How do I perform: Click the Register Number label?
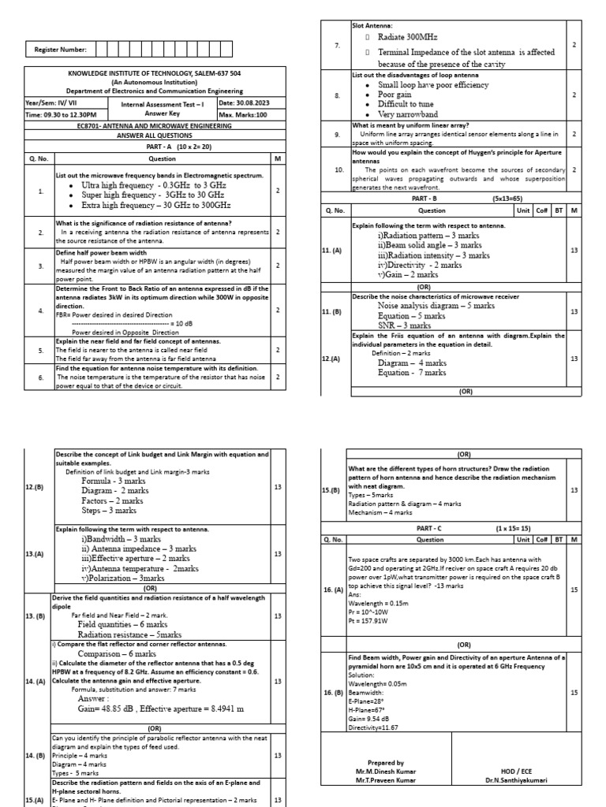pyautogui.click(x=60, y=50)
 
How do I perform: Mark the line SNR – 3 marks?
pyautogui.click(x=404, y=325)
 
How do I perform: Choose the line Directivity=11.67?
pyautogui.click(x=373, y=727)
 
